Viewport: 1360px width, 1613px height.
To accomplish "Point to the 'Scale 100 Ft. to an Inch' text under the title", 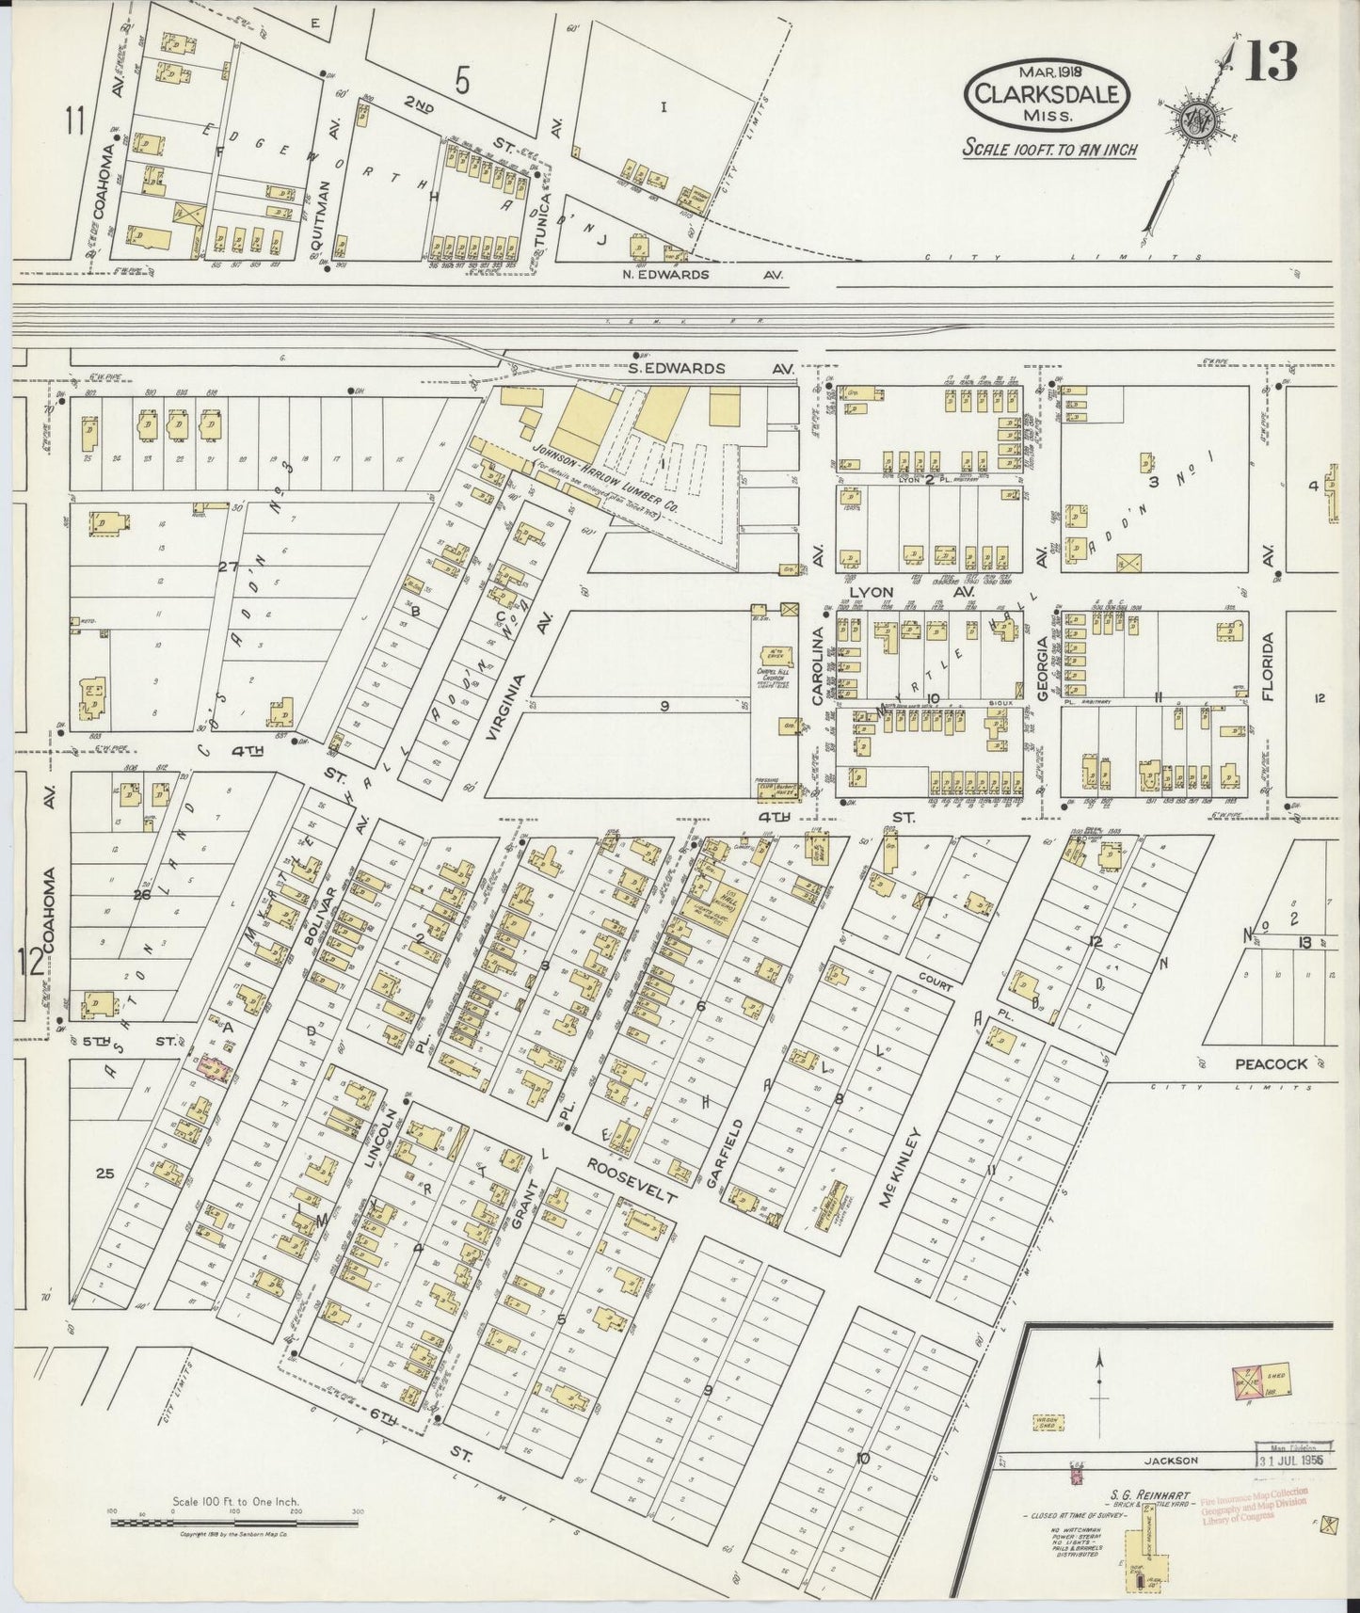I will click(x=1048, y=149).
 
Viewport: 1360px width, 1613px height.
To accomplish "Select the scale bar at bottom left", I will click(x=235, y=1521).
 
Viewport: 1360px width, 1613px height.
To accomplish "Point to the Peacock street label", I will click(x=1271, y=1064).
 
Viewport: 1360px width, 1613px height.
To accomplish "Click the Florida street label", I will click(x=1267, y=668).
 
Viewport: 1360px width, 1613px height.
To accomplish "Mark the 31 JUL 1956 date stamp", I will click(x=1290, y=1460).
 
